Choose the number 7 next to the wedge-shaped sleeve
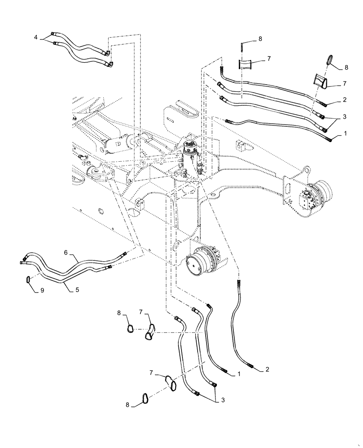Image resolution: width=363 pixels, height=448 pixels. tap(344, 84)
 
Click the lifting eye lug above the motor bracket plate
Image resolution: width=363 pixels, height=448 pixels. tap(306, 170)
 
